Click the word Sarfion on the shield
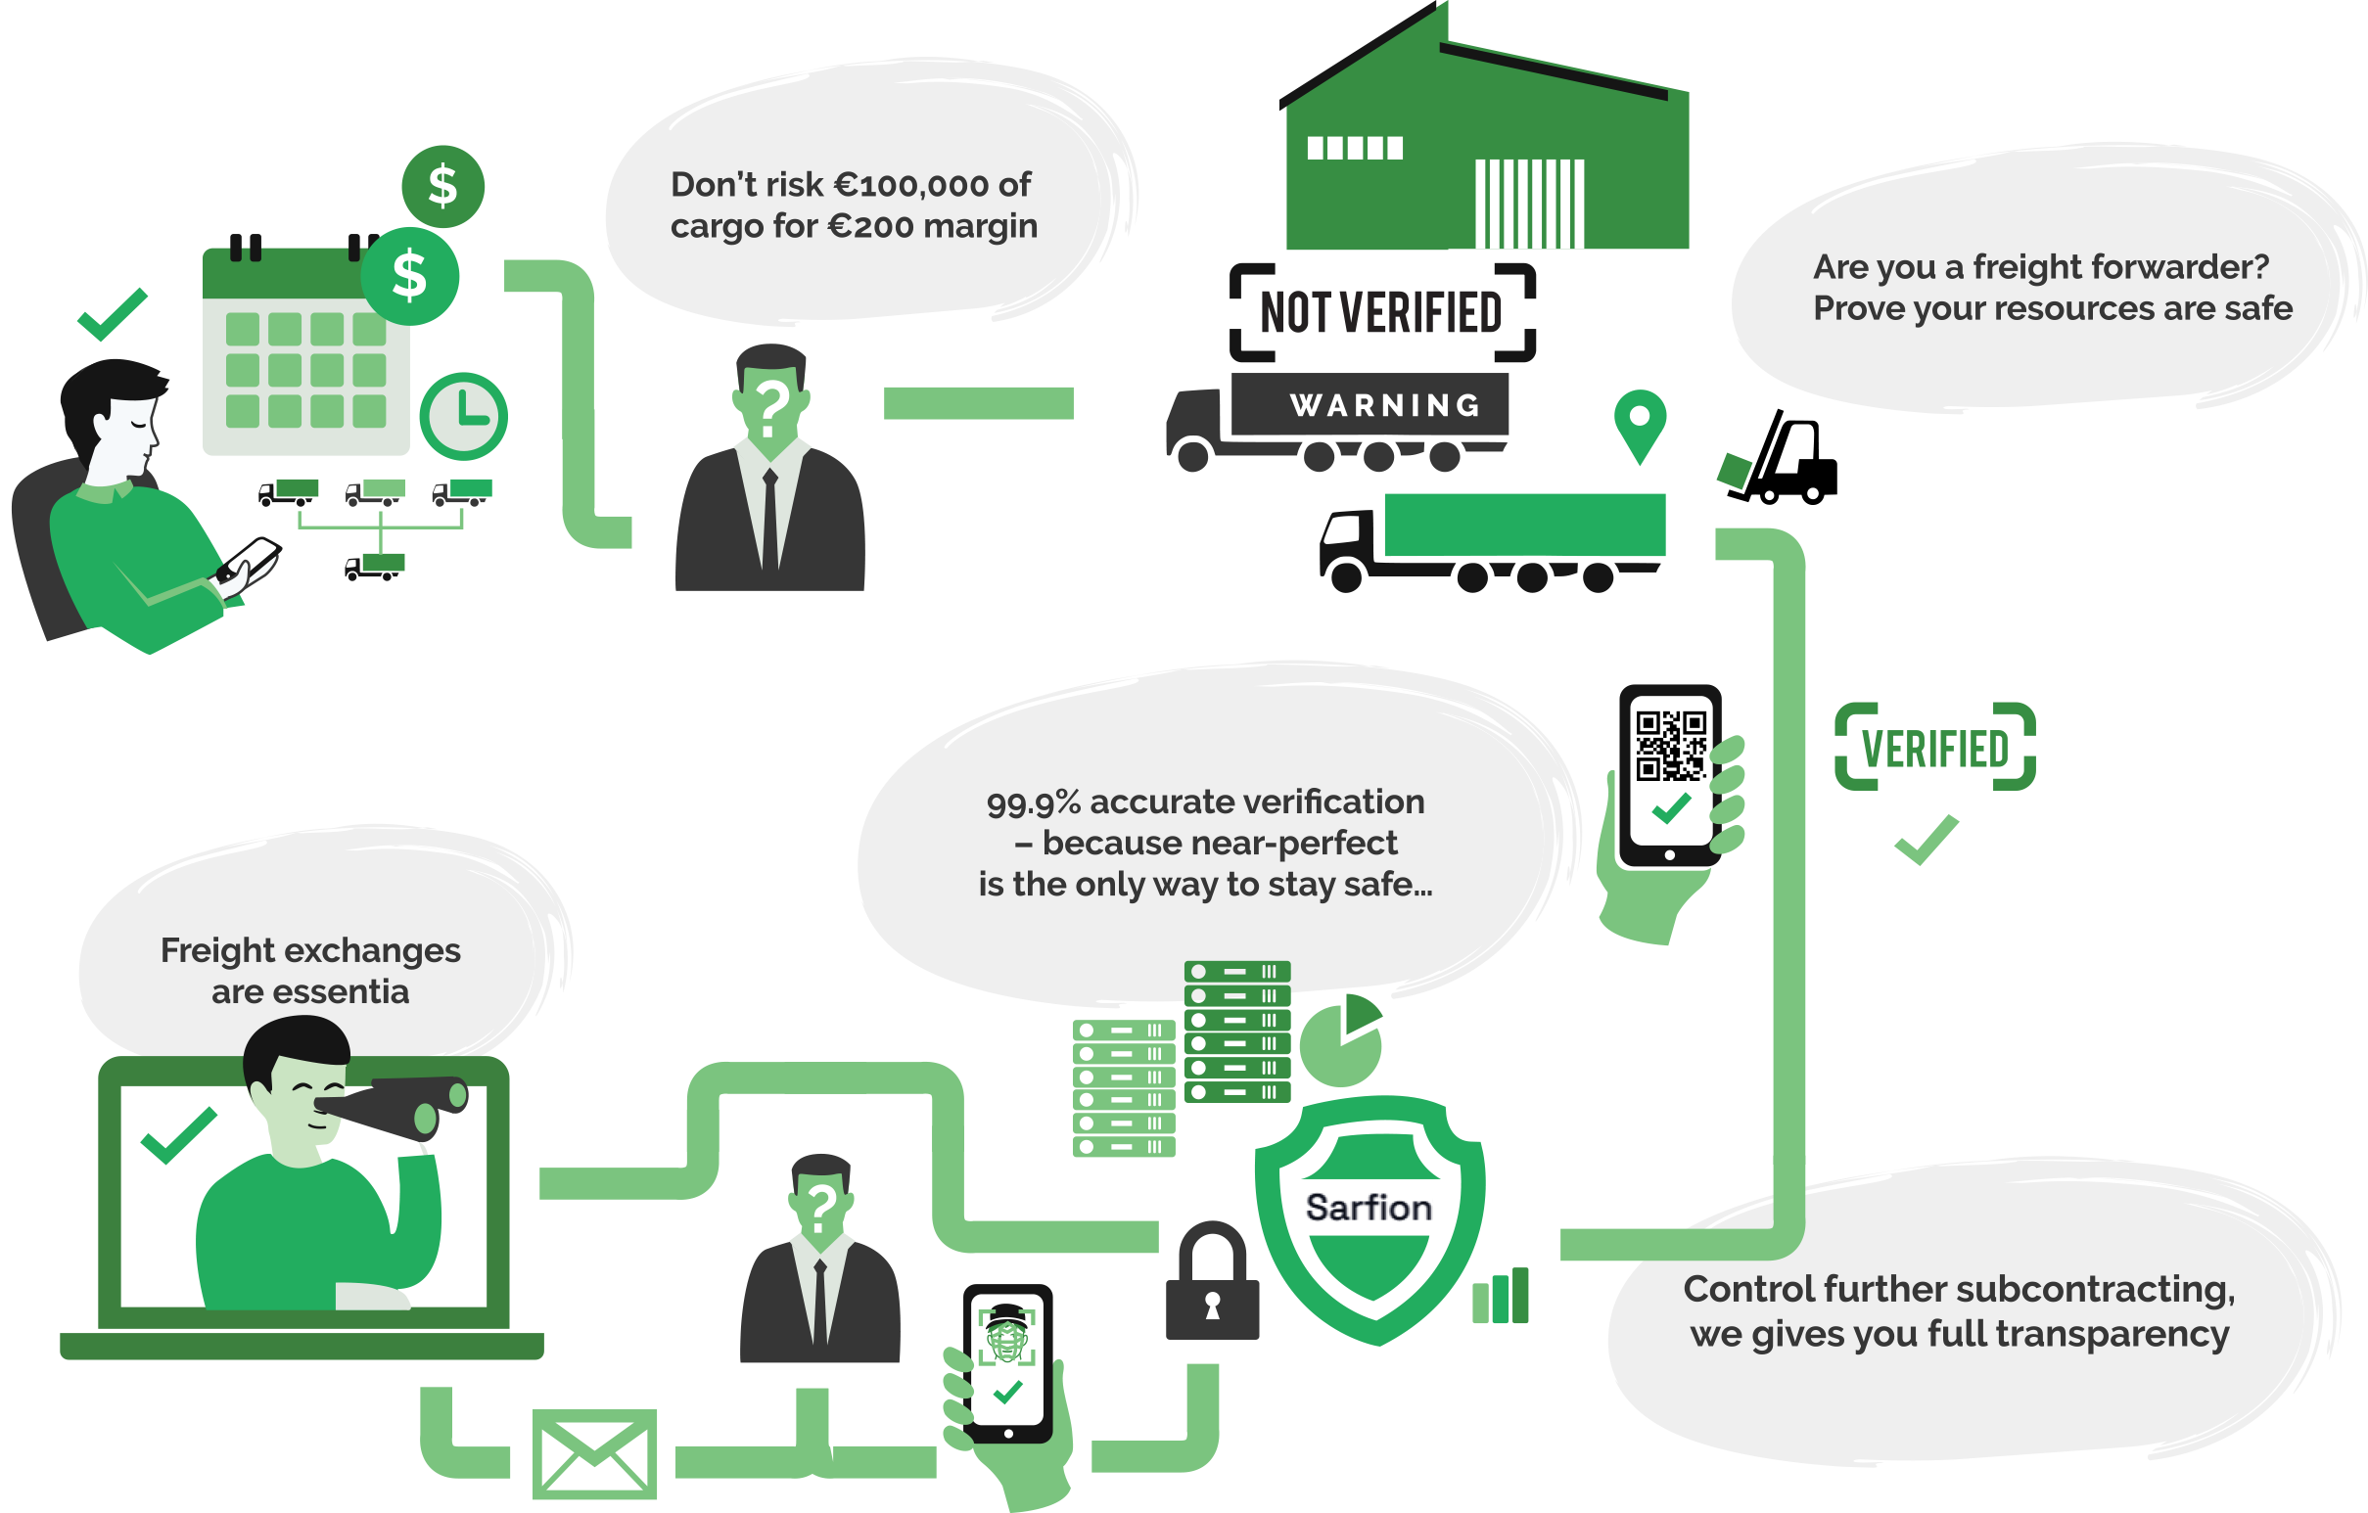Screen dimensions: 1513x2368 (1368, 1209)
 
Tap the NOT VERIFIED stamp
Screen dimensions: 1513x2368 (1381, 312)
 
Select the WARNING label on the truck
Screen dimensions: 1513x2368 (1384, 405)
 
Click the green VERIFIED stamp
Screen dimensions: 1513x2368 (1934, 748)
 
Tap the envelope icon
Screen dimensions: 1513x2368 (595, 1453)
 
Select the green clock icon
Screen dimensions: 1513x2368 (464, 416)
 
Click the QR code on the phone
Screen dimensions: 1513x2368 (1670, 745)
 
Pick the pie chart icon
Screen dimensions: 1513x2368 (1340, 1042)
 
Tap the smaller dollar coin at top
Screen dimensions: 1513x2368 (442, 186)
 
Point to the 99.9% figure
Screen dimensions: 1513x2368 (1033, 803)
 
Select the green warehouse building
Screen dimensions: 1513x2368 (1485, 158)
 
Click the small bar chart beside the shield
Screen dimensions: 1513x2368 (1501, 1297)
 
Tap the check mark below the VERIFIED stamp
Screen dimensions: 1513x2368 (1926, 840)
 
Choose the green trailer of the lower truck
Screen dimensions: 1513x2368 (1523, 525)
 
